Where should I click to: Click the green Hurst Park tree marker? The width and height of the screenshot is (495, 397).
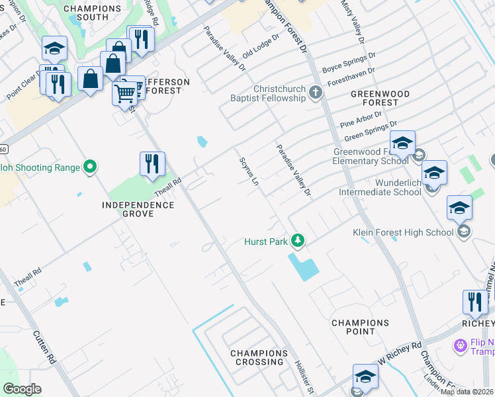298,242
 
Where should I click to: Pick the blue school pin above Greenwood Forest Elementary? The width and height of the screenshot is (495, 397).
402,144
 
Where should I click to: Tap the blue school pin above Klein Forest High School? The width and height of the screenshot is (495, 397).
459,208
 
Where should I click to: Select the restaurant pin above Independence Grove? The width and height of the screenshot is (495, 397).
152,164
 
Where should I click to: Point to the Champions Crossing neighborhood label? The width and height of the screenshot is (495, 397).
259,357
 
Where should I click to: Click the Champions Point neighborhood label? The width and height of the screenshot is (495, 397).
360,327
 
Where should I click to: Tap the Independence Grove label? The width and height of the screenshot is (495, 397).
138,210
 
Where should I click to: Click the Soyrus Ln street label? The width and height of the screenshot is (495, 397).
249,171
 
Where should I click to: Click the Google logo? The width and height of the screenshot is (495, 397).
22,389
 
